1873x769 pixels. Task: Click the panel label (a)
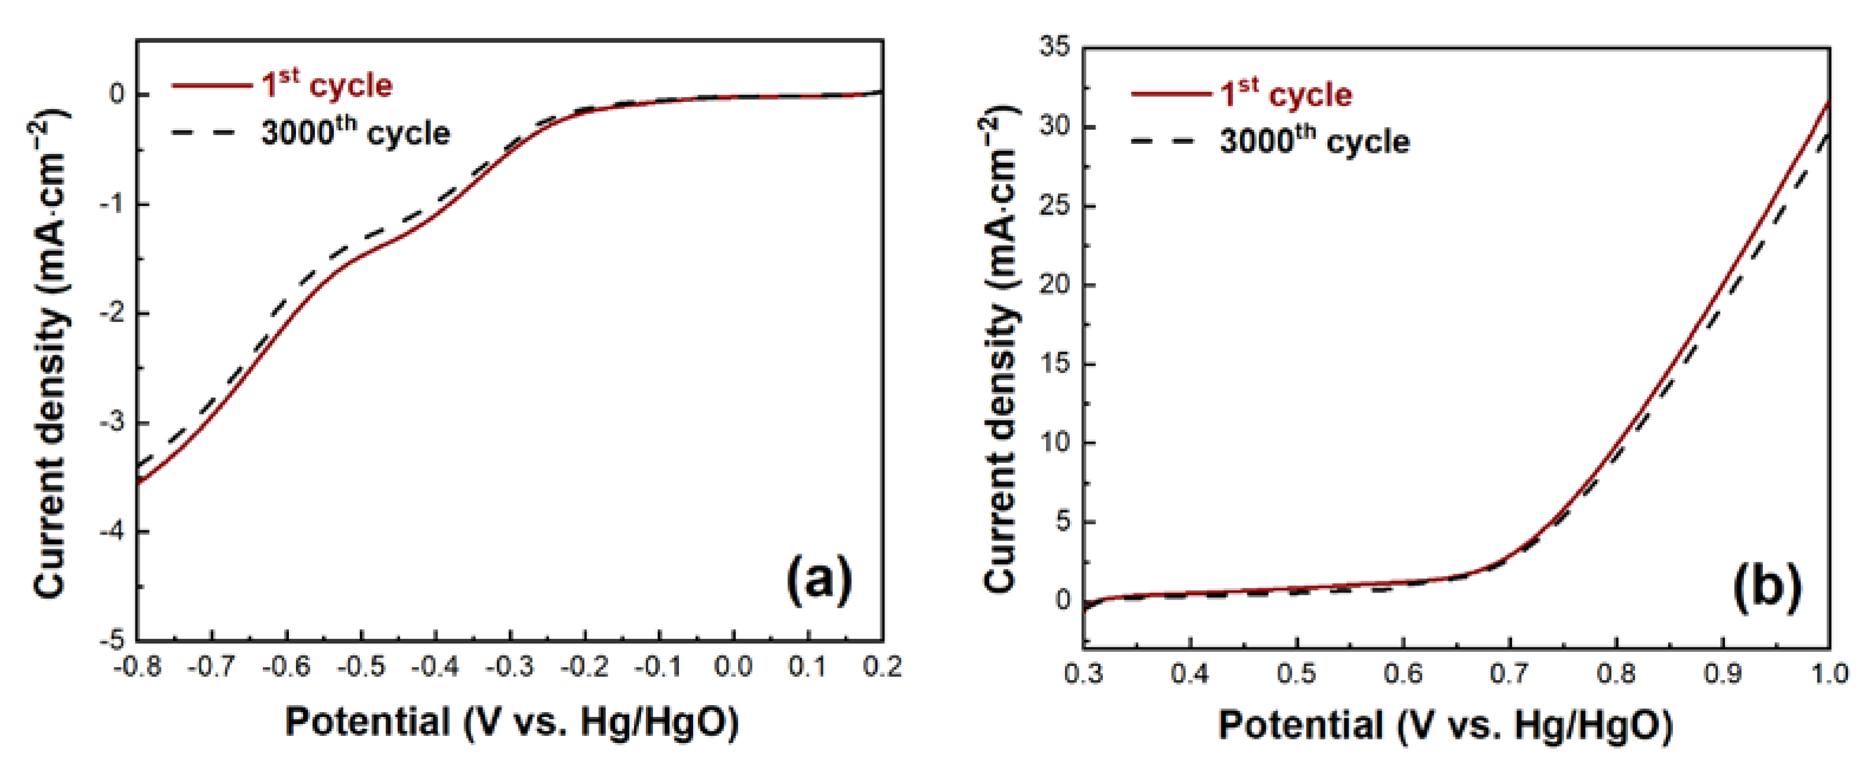click(x=819, y=580)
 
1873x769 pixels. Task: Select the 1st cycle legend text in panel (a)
click(x=327, y=86)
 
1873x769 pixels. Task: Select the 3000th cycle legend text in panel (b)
click(x=1315, y=140)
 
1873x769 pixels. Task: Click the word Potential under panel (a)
click(x=367, y=722)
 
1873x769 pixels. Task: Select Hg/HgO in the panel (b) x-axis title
click(x=1592, y=725)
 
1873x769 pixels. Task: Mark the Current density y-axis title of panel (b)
click(x=1000, y=349)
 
